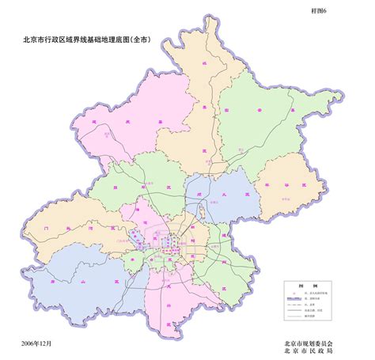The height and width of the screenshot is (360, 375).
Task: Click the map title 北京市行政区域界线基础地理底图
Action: coord(87,36)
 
